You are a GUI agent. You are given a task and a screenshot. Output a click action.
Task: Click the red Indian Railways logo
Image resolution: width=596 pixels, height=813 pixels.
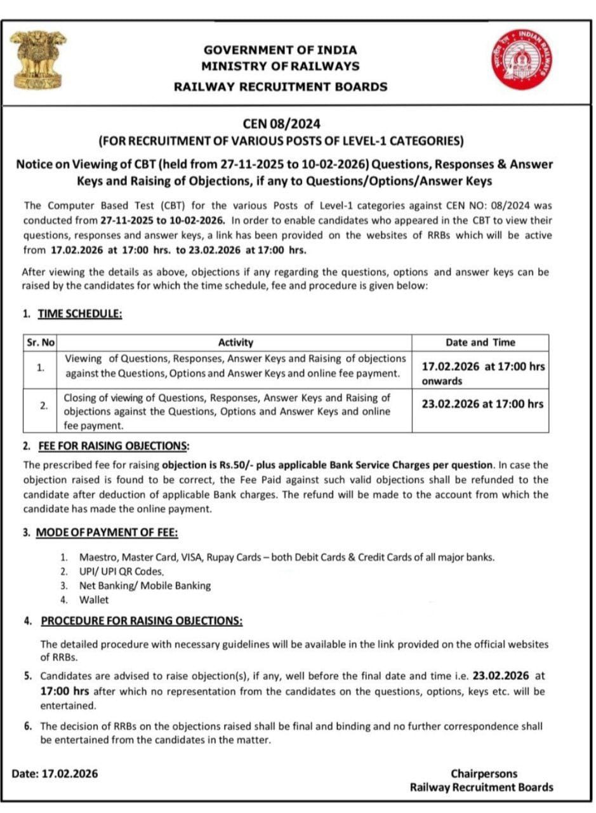[522, 58]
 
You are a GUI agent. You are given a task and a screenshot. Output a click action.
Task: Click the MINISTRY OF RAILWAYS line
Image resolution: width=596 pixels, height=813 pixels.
[280, 66]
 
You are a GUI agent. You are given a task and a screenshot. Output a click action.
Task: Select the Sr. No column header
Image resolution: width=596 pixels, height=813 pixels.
[40, 342]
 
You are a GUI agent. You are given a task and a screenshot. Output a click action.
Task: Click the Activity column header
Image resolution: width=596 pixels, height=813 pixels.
[235, 342]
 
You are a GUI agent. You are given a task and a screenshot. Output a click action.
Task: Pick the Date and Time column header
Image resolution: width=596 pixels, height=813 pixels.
[480, 342]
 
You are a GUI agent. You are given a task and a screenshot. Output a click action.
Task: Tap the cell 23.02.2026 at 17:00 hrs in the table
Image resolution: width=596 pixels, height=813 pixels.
[482, 404]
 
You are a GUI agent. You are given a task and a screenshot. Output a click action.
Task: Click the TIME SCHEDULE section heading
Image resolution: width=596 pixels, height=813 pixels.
[79, 313]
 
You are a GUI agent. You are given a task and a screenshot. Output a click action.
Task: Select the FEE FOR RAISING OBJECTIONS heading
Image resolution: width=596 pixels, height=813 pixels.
[114, 446]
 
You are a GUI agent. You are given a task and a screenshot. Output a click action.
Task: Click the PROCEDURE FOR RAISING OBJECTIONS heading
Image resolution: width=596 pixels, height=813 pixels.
[141, 620]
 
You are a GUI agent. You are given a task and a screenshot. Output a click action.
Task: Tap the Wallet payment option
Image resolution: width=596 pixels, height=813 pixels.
[94, 600]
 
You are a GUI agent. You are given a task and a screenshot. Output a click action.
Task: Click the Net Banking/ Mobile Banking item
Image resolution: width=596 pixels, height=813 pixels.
[145, 586]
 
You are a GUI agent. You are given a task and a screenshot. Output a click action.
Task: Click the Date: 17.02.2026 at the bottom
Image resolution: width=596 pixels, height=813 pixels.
[55, 774]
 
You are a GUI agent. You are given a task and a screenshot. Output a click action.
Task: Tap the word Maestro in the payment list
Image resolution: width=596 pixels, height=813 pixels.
[96, 557]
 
